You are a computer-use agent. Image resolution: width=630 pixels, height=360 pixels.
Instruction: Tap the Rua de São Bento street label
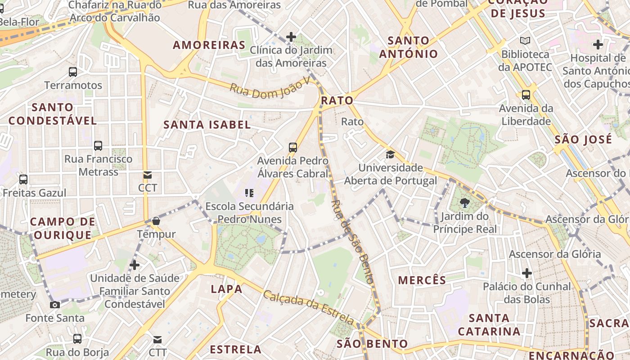(x=352, y=242)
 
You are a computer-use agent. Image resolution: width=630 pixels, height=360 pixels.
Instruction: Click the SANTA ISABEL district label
(x=207, y=125)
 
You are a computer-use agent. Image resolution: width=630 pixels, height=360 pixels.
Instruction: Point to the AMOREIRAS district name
(x=209, y=45)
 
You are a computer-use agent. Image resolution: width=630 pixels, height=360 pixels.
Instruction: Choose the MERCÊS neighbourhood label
(x=422, y=280)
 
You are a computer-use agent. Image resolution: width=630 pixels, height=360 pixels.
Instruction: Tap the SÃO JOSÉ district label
(x=583, y=139)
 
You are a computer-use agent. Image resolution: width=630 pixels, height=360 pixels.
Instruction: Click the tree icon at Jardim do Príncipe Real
(x=465, y=203)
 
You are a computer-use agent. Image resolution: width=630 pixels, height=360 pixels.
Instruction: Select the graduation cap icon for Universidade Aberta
(x=390, y=155)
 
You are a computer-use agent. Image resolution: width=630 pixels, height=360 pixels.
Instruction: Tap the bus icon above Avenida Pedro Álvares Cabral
(x=293, y=147)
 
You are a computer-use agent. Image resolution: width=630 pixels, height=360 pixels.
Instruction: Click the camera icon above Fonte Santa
(x=55, y=305)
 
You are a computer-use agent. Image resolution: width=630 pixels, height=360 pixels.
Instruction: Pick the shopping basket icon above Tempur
(x=156, y=221)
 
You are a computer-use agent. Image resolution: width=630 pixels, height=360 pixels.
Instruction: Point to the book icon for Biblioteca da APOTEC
(x=525, y=41)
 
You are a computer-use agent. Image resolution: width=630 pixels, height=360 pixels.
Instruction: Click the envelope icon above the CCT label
(x=148, y=175)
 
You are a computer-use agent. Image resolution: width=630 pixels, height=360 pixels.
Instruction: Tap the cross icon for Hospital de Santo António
(x=598, y=45)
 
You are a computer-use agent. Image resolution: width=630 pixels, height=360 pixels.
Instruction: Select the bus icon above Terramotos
(x=73, y=72)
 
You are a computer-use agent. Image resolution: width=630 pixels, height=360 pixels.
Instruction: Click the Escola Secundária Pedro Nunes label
(x=249, y=213)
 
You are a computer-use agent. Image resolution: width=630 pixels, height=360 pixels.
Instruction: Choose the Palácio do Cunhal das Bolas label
(x=526, y=293)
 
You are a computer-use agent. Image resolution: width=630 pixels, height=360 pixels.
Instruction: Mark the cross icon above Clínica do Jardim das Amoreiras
(x=291, y=37)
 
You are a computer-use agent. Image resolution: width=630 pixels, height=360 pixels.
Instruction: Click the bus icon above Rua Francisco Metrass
(x=98, y=146)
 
